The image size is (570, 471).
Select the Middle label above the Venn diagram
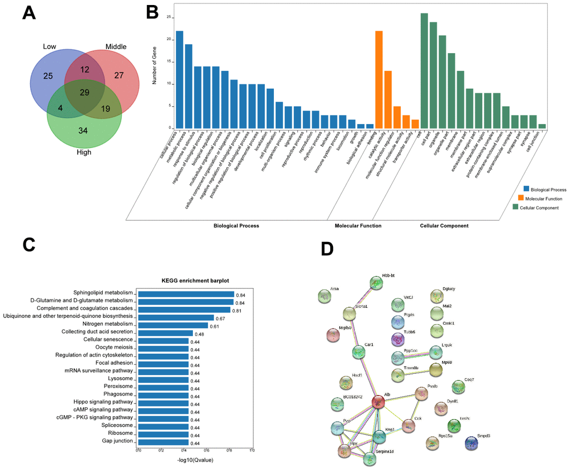116,46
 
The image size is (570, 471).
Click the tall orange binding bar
379,79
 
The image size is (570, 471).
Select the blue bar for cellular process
179,79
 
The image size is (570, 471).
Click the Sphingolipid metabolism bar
186,294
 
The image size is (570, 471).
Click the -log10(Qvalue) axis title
194,460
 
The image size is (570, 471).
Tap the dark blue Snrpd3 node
473,444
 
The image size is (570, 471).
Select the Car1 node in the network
358,352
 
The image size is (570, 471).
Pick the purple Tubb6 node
397,339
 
